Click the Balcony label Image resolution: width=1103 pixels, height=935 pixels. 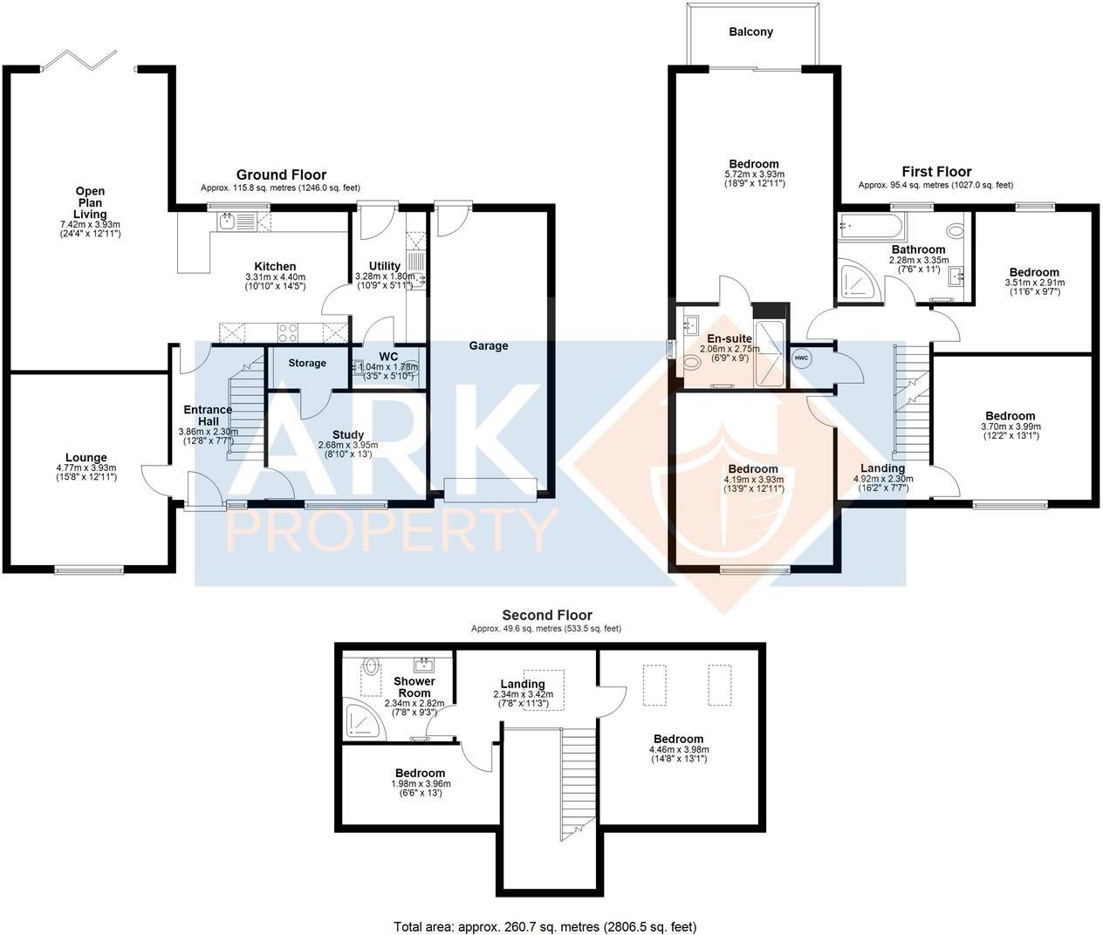(751, 32)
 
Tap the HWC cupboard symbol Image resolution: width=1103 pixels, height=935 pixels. (800, 358)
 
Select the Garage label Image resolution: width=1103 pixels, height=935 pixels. (488, 345)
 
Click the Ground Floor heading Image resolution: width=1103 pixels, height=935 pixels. (281, 175)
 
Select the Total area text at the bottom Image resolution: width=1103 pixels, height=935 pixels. (545, 927)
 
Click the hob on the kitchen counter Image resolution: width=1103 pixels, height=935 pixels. (287, 331)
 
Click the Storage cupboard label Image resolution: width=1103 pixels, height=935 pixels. (306, 363)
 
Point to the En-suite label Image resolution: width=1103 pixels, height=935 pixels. (730, 338)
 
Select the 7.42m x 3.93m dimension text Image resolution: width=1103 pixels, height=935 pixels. (90, 224)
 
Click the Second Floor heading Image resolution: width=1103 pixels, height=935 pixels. (546, 615)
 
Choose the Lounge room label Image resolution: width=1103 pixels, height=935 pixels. (86, 458)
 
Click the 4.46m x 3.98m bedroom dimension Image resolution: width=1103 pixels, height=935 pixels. (679, 749)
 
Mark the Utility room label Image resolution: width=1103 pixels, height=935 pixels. (384, 266)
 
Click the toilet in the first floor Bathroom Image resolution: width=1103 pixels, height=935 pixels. (955, 230)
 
